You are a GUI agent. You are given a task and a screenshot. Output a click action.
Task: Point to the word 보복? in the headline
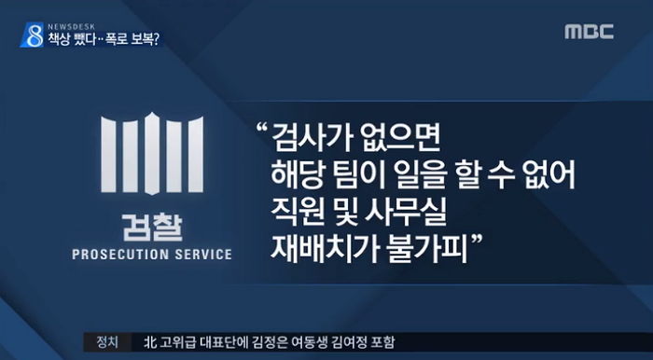141,41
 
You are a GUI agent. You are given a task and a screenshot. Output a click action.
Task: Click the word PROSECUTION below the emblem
120,253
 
